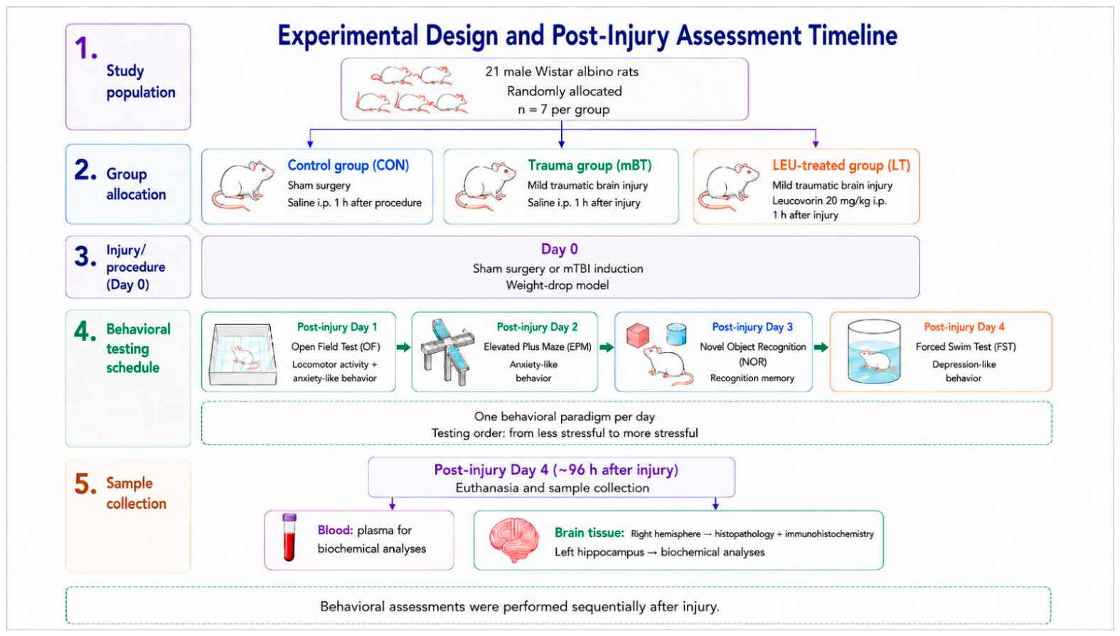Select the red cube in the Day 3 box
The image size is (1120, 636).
pos(637,335)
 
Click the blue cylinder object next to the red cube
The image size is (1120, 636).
pos(676,334)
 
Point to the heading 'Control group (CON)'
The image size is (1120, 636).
pos(348,165)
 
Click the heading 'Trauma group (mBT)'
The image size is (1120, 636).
pos(590,165)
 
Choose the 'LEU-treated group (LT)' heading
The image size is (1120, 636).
pos(841,165)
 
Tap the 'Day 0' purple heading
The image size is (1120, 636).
pos(560,249)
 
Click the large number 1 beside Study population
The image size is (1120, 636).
pos(85,49)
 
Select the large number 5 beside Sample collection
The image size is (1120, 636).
pos(85,484)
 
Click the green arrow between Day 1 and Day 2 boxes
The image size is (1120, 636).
pos(403,347)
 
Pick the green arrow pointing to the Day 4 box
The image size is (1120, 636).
pos(821,347)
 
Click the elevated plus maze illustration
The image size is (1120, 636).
pos(447,351)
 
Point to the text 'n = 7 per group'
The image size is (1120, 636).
pos(563,110)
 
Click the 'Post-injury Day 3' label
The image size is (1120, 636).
pos(752,327)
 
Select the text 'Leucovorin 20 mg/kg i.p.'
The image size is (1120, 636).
pos(829,201)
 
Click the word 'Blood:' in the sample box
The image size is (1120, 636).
pos(336,530)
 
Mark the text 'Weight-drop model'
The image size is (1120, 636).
pos(558,285)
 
